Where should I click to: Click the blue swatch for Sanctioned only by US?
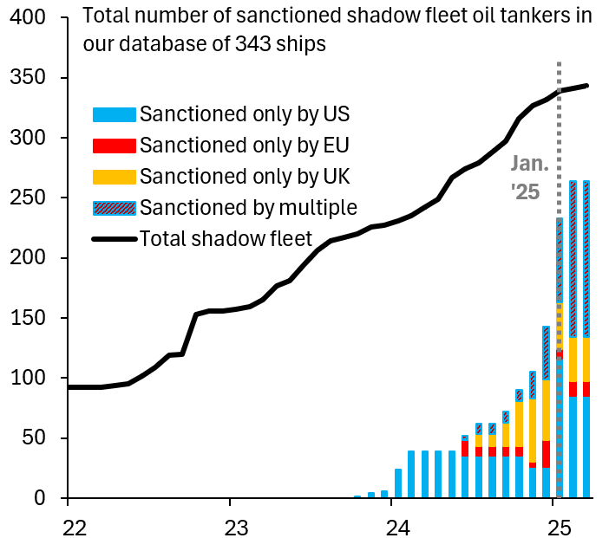(114, 114)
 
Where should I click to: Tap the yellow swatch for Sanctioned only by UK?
(114, 177)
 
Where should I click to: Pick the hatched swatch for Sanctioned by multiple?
(114, 208)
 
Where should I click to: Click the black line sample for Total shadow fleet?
(114, 238)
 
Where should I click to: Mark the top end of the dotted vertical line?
(559, 63)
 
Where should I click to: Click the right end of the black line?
(588, 86)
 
